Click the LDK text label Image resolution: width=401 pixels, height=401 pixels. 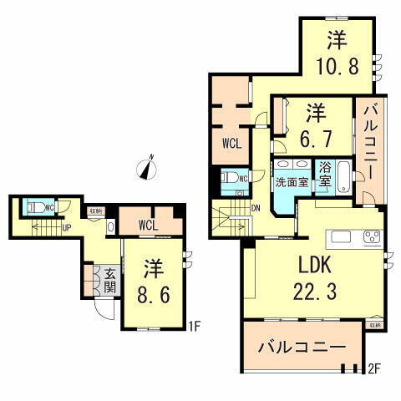317,266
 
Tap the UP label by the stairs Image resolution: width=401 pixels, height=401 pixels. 68,226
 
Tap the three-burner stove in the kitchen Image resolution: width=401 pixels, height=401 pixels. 370,236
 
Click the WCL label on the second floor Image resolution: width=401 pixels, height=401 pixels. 231,143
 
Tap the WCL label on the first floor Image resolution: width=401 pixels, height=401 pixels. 146,225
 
